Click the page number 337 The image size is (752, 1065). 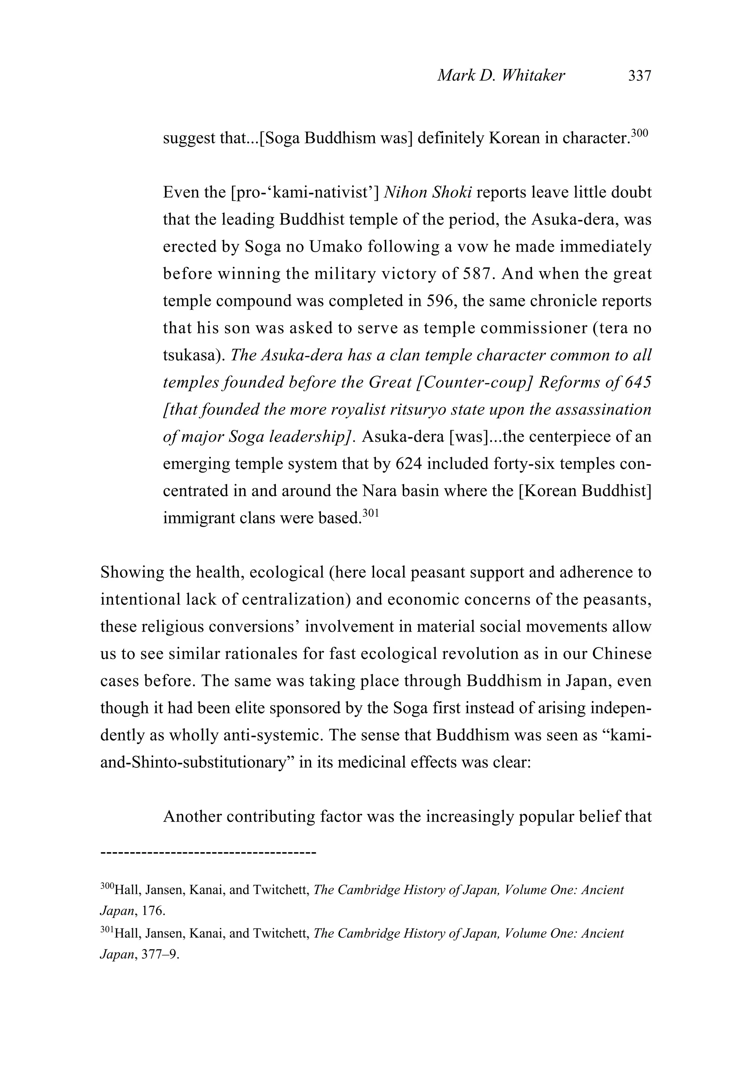click(x=640, y=76)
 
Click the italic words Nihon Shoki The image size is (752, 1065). click(x=428, y=193)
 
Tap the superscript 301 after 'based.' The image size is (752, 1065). click(x=371, y=513)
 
